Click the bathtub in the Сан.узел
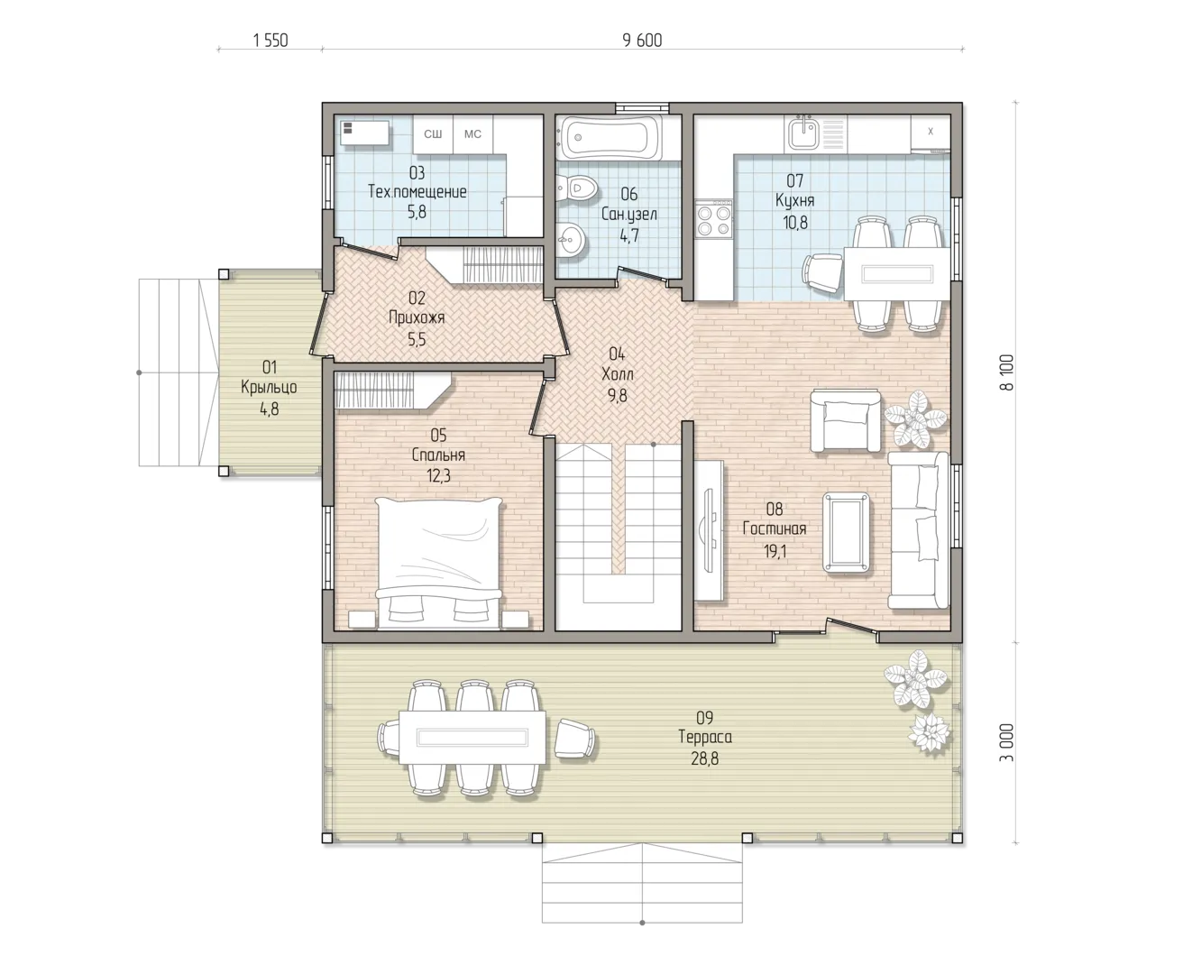click(x=608, y=137)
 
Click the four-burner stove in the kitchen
click(x=713, y=219)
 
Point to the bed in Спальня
click(x=438, y=564)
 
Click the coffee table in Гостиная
click(x=846, y=532)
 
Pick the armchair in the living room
click(x=845, y=420)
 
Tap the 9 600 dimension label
click(x=642, y=41)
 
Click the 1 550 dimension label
click(x=271, y=41)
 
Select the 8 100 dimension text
click(x=1007, y=372)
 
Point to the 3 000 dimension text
click(x=1007, y=742)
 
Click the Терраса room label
click(x=705, y=737)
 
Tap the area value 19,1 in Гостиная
click(x=775, y=552)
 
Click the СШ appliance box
click(x=433, y=134)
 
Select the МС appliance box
click(x=472, y=134)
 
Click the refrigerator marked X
click(x=930, y=133)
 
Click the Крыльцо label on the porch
click(x=270, y=387)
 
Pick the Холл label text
click(x=617, y=373)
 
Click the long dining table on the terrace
click(x=472, y=737)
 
